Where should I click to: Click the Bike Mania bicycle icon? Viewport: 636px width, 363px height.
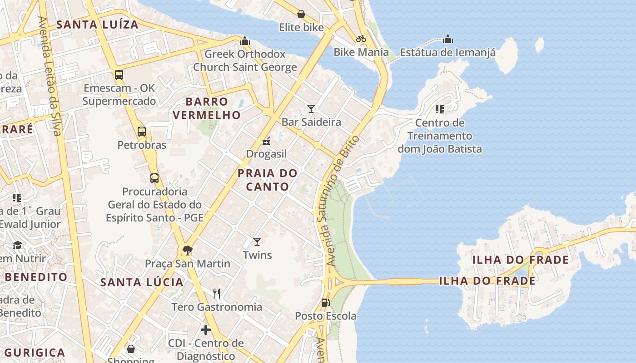361,39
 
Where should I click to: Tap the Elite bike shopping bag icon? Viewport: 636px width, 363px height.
301,14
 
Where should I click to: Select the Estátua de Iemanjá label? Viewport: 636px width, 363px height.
447,52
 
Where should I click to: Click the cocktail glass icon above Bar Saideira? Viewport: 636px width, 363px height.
311,108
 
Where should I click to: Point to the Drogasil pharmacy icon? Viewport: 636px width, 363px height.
266,141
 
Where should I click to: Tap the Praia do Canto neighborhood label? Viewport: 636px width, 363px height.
268,180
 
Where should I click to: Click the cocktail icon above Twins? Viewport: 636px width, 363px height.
257,241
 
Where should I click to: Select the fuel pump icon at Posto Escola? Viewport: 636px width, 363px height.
325,302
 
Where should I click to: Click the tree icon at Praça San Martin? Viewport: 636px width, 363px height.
187,250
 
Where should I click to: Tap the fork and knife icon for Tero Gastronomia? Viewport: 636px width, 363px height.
217,294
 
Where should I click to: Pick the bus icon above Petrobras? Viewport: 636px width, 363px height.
142,132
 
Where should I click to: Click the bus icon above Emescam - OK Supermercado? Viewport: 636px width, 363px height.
119,75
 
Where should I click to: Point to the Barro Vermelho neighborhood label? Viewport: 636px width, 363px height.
207,108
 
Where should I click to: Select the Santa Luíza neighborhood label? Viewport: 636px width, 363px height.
97,25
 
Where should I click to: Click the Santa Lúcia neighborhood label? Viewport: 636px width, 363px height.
142,282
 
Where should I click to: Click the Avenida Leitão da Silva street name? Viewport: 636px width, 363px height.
50,76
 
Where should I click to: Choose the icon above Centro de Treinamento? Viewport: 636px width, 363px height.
439,109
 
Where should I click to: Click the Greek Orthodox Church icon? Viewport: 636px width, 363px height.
245,41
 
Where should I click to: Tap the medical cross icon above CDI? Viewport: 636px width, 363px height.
206,329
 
